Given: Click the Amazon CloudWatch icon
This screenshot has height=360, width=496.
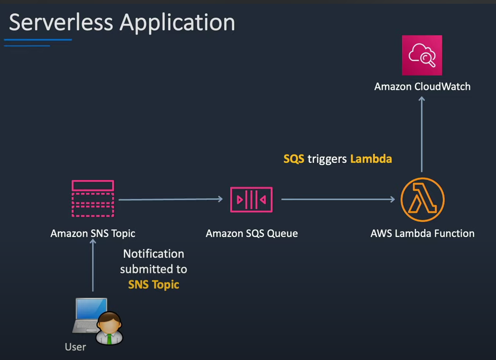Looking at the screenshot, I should point(422,55).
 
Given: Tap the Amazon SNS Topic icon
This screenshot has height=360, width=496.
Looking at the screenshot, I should point(93,199).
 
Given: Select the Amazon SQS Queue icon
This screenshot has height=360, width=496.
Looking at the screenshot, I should point(251,199).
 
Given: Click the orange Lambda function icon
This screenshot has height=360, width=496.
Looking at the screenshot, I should point(422,199).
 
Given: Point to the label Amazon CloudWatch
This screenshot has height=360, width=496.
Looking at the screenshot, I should point(422,87).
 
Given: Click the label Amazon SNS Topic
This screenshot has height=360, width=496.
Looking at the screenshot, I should point(93,234).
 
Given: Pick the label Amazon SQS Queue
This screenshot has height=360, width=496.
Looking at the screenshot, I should point(251,234).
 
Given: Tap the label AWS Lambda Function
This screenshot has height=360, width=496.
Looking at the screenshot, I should point(422,234).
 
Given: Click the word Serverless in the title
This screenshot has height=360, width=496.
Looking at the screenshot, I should point(61,23).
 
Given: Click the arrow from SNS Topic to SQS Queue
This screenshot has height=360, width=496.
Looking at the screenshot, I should point(170,199).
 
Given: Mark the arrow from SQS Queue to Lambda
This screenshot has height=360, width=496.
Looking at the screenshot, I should point(338,199).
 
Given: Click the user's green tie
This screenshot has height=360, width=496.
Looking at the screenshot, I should point(110,338).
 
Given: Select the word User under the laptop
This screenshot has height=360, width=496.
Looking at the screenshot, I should point(75,347).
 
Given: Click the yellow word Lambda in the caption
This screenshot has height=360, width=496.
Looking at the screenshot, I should point(371,159).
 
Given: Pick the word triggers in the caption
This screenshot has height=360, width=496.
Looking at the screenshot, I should point(327,159).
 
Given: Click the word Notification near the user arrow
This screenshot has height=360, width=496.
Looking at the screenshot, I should point(154,254).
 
